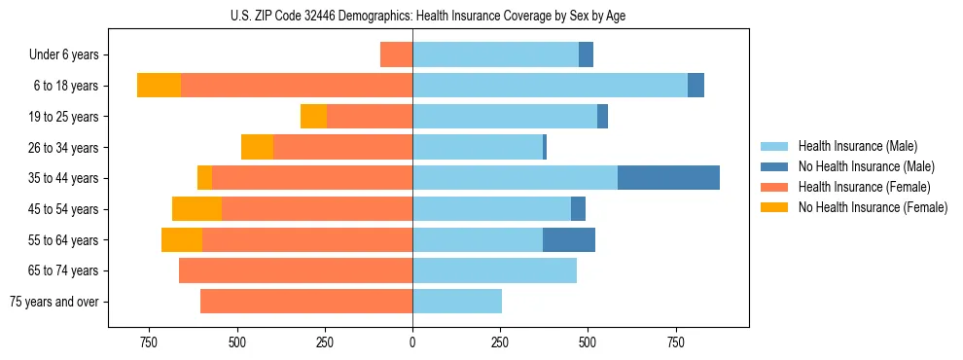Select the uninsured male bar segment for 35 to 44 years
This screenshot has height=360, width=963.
(668, 178)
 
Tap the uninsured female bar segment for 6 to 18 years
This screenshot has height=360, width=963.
(159, 86)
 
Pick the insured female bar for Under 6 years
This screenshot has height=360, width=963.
(396, 54)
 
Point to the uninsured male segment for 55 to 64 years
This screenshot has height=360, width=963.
(569, 240)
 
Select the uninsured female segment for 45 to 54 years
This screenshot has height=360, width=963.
(196, 209)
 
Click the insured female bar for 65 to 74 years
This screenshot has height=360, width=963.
(296, 270)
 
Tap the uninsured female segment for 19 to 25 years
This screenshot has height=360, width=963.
(313, 117)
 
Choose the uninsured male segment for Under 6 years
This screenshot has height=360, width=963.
(586, 54)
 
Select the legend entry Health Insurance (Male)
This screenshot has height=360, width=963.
(857, 146)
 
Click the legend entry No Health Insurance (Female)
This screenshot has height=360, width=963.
(873, 207)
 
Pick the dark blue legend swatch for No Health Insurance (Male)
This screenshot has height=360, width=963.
(774, 166)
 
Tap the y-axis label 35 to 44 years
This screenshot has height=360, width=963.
(64, 178)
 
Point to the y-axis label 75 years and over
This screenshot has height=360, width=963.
(53, 302)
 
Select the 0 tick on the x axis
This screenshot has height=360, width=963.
(412, 342)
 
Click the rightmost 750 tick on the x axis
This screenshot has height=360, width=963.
(676, 342)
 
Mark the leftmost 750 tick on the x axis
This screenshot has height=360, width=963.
(149, 342)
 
